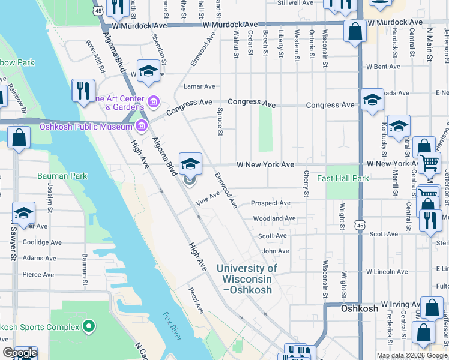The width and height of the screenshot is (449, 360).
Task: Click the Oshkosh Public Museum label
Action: (x=86, y=126)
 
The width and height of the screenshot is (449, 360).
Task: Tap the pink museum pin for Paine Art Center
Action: (x=154, y=102)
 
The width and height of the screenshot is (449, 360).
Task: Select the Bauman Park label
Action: (x=62, y=176)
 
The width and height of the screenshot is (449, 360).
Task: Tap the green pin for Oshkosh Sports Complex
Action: (x=89, y=326)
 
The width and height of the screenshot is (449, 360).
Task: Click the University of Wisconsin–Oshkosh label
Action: (x=247, y=279)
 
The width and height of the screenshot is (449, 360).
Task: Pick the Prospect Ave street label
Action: (x=270, y=203)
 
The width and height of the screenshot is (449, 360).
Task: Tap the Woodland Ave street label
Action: (x=274, y=218)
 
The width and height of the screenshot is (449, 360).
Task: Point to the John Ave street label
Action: (x=275, y=251)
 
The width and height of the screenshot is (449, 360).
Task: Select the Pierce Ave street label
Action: (x=38, y=274)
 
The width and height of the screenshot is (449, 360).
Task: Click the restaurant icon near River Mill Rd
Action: (x=83, y=91)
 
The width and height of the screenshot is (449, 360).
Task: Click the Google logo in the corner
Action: (x=19, y=353)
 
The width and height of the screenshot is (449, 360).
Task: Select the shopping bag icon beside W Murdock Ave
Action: (x=355, y=32)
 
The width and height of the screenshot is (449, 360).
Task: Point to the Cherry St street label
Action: (x=306, y=188)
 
